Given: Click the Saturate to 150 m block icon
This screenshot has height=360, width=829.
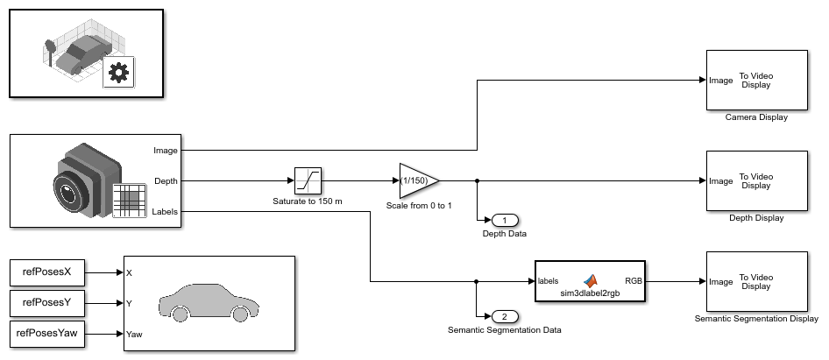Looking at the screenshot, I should (x=308, y=180).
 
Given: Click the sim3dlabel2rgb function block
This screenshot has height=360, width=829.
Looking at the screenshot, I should (x=590, y=281).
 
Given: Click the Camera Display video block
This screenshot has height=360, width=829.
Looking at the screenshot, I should (x=755, y=80).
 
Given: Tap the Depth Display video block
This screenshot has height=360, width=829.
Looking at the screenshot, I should (x=755, y=180).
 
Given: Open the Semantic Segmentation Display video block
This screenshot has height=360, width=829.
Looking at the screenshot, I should (x=755, y=281).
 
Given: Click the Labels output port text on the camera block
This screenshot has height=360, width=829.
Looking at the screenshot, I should (x=165, y=211).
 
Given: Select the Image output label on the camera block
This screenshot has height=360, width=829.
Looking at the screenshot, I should (x=165, y=150).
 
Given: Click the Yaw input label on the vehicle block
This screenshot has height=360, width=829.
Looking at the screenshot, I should (x=135, y=334).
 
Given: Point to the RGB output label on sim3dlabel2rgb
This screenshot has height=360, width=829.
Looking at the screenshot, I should (x=632, y=281).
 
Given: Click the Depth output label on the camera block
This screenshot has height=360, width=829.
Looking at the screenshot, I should (x=165, y=180).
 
